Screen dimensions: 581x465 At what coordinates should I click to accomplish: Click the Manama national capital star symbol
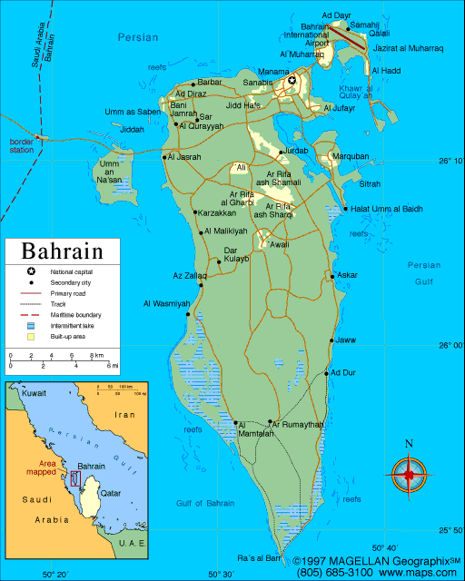coord(292,82)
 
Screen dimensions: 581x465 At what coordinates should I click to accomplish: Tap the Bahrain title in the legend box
coord(62,251)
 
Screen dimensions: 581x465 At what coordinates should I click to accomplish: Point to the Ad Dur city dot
coord(327,372)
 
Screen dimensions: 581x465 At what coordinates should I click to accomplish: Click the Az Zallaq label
coord(190,275)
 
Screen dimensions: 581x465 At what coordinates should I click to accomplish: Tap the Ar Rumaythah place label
coord(296,424)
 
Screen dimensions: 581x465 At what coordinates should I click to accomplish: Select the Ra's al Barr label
coord(257,557)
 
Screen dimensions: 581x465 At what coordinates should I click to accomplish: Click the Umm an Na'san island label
coord(111,172)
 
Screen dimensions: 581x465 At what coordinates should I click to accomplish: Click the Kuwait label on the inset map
coord(34,394)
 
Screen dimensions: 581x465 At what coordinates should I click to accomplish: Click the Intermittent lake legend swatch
coord(31,324)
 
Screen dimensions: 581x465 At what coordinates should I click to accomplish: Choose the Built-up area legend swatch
coord(31,336)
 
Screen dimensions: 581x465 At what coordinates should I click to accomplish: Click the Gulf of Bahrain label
coord(205,503)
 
